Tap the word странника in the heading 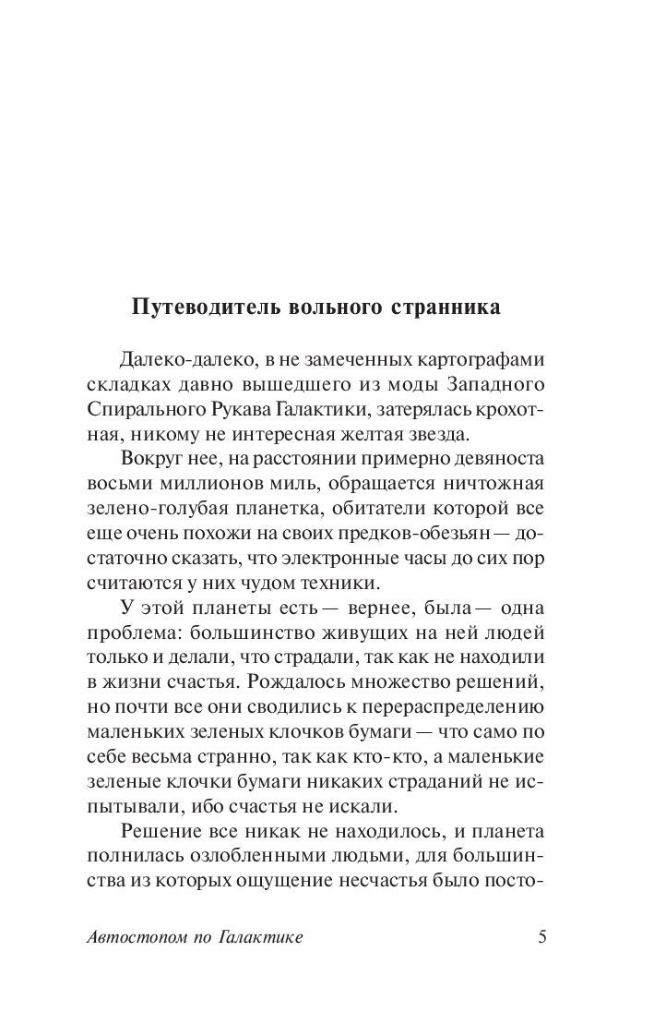click(444, 307)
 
